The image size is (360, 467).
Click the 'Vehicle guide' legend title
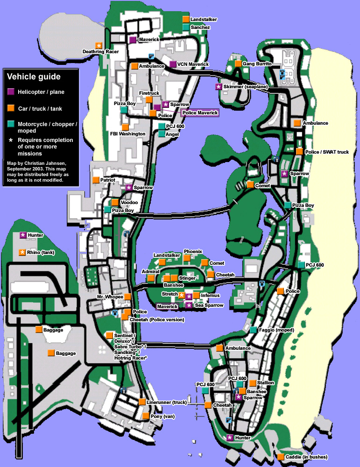[x=34, y=77]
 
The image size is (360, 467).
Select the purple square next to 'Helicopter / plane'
[x=11, y=92]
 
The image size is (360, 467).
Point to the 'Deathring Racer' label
[x=100, y=51]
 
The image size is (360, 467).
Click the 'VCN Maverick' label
[x=193, y=64]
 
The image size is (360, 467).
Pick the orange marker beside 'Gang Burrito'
[x=238, y=64]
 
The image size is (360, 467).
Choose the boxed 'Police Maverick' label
[x=200, y=113]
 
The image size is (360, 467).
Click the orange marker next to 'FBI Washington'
[x=125, y=127]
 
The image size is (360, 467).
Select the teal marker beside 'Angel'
[x=162, y=134]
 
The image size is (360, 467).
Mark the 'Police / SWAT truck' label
[x=326, y=152]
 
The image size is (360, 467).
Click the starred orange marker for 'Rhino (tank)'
[x=22, y=253]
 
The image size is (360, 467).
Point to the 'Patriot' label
[x=108, y=180]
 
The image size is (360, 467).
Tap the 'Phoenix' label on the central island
[x=193, y=252]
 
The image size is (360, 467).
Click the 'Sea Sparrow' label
[x=209, y=305]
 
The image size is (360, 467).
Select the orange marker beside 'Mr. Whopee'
[x=127, y=297]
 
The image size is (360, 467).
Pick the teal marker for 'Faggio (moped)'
[x=253, y=330]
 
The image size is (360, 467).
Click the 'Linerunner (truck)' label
[x=167, y=402]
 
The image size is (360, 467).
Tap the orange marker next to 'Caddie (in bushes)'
[x=280, y=457]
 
